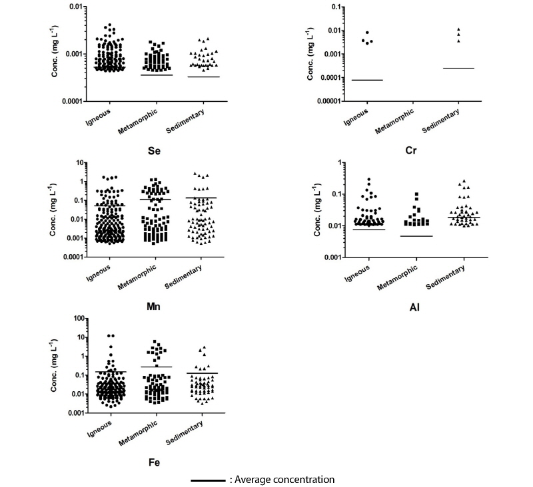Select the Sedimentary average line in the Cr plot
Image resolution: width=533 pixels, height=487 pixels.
[458, 68]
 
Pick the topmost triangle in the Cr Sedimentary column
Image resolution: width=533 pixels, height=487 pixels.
[458, 29]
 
